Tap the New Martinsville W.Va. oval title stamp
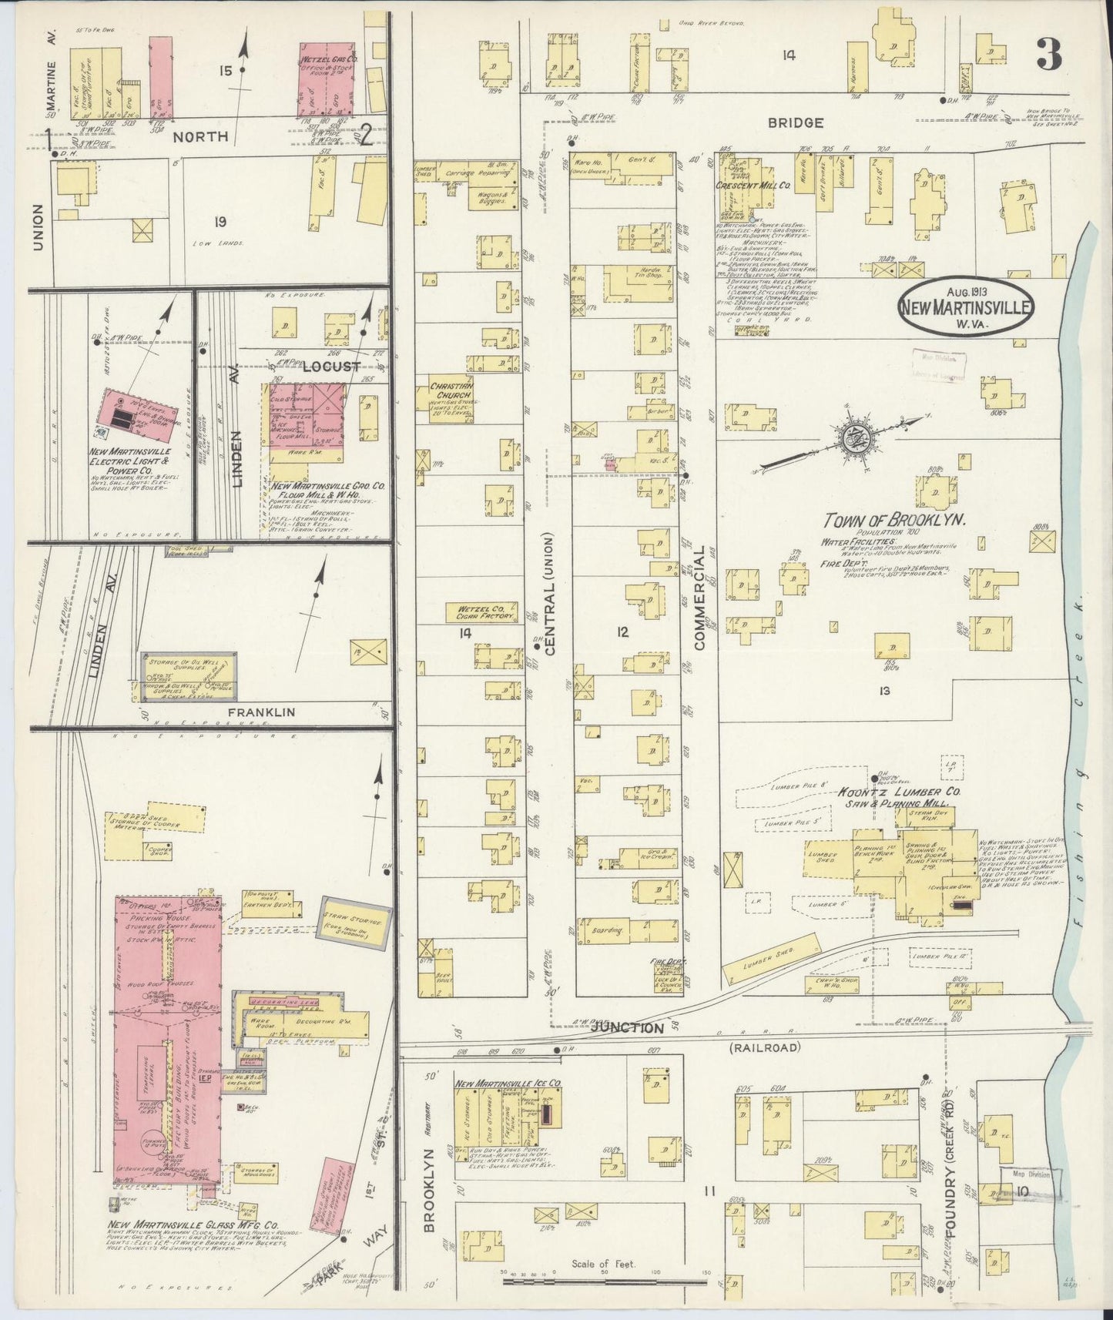click(965, 307)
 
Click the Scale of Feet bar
click(604, 1281)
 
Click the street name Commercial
click(699, 601)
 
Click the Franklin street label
click(261, 712)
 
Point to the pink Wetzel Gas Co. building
click(327, 79)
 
